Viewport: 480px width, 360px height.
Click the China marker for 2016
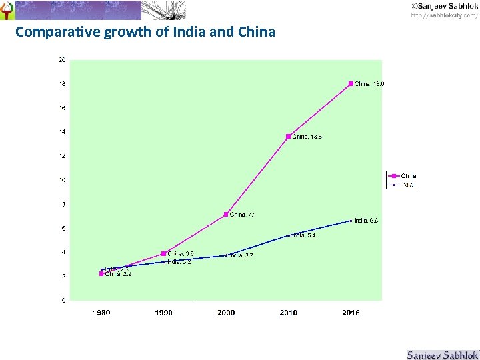tap(351, 84)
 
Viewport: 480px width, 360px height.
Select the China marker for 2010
tap(289, 137)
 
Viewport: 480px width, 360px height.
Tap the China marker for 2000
tap(227, 215)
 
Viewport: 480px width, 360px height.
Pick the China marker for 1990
tap(164, 253)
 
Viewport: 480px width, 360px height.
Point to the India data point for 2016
tap(351, 221)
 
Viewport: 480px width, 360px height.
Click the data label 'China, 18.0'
tap(370, 84)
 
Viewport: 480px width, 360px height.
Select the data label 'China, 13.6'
tap(307, 137)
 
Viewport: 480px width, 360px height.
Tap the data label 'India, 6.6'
tap(367, 221)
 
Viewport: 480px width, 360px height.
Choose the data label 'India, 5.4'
tap(304, 235)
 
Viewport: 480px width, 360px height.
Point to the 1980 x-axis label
tap(101, 313)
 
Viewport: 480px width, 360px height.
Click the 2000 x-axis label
tap(226, 313)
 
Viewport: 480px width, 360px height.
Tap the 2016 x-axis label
tap(351, 313)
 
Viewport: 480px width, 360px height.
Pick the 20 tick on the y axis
tap(61, 60)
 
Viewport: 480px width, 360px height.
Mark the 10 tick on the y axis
tap(61, 180)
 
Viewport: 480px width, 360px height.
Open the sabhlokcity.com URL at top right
tap(443, 15)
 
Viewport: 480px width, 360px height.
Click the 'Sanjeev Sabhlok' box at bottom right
tap(443, 354)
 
